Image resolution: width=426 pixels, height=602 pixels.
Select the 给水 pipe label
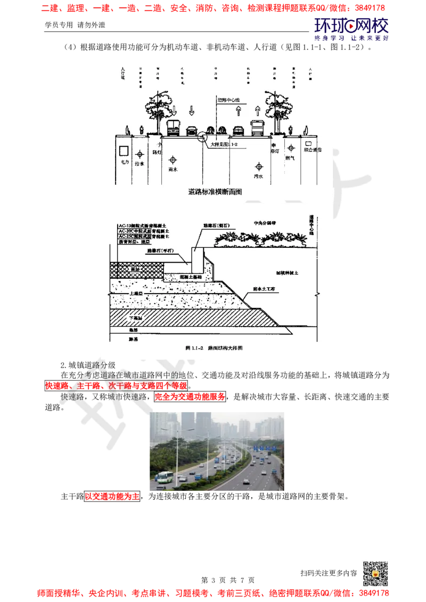(x=140, y=164)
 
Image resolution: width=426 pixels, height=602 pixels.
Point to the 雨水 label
(x=172, y=170)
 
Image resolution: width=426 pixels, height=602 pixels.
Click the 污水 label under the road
(x=259, y=175)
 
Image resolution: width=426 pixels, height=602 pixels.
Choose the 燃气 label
(x=290, y=158)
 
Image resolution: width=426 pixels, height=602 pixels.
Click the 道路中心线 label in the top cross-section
(x=230, y=99)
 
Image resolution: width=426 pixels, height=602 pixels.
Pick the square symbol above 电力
(x=124, y=149)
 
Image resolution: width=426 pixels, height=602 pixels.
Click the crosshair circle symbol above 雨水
(x=173, y=160)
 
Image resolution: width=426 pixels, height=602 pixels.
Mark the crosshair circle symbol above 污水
(x=260, y=164)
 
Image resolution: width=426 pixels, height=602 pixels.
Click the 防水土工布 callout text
(x=264, y=289)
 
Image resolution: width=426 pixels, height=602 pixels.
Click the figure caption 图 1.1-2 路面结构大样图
(x=214, y=348)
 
